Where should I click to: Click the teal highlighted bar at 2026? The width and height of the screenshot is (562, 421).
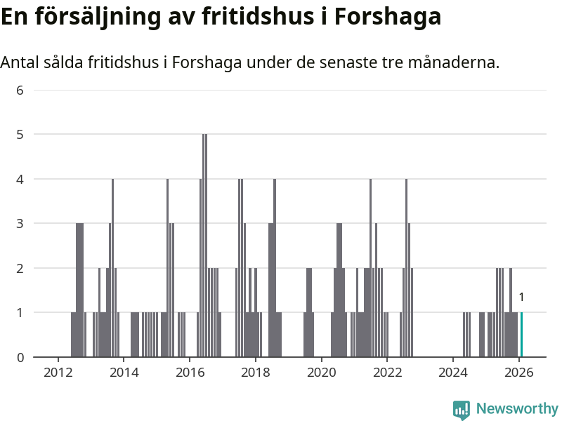coord(521,335)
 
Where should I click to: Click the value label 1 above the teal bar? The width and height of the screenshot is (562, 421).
coord(521,298)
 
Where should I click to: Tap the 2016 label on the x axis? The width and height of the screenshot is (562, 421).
coord(190,372)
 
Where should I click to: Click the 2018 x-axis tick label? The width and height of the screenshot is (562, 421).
coord(255,372)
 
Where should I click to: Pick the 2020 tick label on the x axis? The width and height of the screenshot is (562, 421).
coord(321,372)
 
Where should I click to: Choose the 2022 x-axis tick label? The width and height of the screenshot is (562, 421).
coord(387,372)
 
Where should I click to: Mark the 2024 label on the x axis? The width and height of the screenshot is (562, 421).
coord(453,372)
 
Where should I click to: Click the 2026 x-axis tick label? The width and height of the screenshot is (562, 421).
coord(519,372)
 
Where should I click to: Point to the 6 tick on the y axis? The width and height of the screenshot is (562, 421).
coord(20,90)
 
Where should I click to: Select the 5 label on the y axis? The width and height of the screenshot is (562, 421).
coord(20,134)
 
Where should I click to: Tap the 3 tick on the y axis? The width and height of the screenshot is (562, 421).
coord(20,223)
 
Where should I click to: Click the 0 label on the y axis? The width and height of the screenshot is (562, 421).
coord(20,357)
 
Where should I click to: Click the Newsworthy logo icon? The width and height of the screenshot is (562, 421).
coord(462,409)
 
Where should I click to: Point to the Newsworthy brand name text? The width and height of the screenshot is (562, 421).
coord(517,408)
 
